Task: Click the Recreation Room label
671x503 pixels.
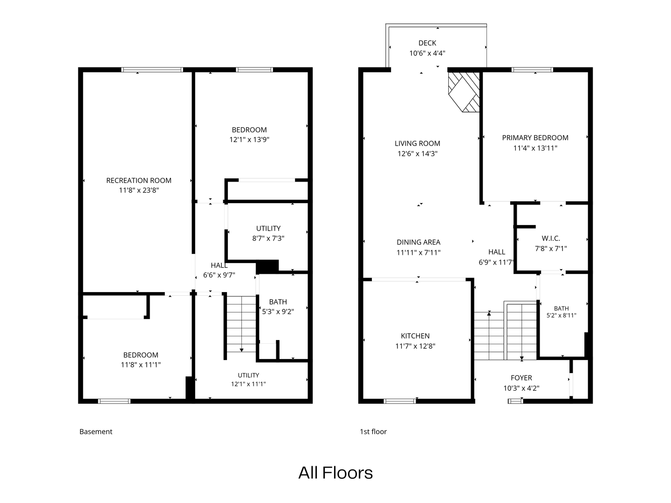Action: click(139, 181)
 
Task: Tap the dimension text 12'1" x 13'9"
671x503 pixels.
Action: click(249, 140)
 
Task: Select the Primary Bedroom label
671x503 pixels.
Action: click(535, 138)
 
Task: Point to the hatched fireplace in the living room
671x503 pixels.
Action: click(464, 92)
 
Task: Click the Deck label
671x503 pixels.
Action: click(427, 43)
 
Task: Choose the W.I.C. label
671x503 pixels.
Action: click(551, 238)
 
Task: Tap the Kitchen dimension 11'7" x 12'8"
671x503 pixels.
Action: click(415, 346)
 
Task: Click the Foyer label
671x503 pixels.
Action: click(521, 378)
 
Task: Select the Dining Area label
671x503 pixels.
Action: click(418, 242)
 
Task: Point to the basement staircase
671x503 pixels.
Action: click(241, 324)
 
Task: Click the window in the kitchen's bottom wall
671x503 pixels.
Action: click(400, 401)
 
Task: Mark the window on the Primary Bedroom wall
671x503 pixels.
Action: click(532, 70)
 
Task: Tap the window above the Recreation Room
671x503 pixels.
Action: click(152, 70)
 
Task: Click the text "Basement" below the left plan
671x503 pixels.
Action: click(96, 432)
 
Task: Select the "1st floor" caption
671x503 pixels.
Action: click(373, 432)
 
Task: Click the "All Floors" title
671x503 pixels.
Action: click(335, 473)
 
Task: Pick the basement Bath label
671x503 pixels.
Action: click(278, 302)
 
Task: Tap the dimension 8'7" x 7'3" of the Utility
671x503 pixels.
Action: click(268, 238)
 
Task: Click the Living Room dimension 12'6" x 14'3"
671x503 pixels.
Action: click(418, 153)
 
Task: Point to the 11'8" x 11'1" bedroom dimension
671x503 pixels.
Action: click(141, 365)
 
